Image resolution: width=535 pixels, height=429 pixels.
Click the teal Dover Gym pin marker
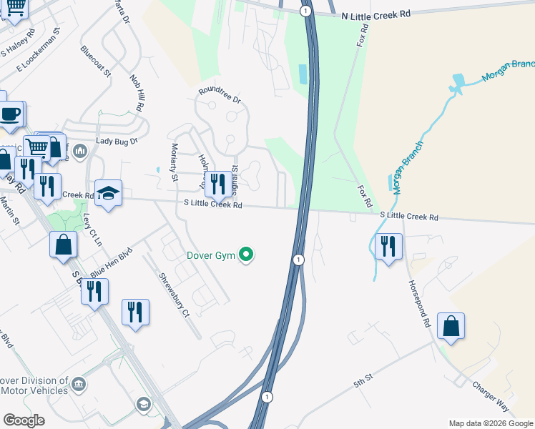247,255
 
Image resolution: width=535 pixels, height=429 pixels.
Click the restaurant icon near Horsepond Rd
388,247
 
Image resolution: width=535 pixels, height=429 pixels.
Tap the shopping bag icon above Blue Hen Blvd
64,244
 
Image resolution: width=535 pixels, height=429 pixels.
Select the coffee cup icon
11,114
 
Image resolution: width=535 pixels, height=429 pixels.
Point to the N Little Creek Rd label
376,14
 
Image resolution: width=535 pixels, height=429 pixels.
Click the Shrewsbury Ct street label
175,295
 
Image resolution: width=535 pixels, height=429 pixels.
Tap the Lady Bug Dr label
116,141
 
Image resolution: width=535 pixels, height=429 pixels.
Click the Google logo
24,420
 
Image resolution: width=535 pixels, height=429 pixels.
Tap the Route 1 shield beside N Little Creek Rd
305,10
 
